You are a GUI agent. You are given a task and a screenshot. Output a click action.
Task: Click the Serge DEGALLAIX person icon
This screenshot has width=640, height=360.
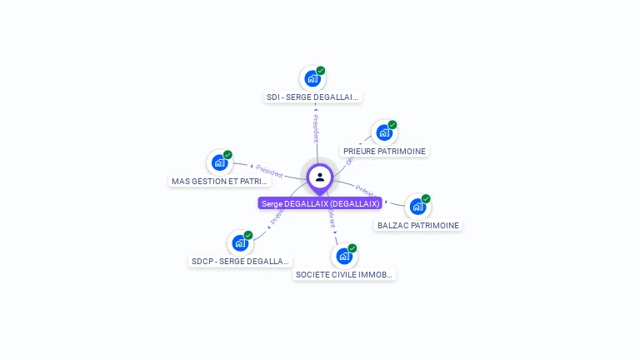click(320, 177)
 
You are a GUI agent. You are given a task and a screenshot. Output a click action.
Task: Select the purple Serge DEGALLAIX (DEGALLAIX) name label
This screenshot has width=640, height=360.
click(320, 203)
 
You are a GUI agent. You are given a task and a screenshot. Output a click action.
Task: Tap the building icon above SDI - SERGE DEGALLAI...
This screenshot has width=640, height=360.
click(312, 78)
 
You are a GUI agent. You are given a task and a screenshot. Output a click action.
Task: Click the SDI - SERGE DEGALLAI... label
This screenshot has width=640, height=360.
click(312, 97)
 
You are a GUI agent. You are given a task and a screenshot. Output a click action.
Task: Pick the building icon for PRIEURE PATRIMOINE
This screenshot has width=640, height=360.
click(383, 132)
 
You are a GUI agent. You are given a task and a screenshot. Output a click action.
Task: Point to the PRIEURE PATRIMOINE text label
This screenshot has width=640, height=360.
click(384, 152)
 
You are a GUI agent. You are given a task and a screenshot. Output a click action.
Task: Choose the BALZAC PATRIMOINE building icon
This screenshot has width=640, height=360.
click(417, 206)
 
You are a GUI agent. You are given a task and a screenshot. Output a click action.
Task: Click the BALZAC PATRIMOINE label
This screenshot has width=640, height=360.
click(417, 225)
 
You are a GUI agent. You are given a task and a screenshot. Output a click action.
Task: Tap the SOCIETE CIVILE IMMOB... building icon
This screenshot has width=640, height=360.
click(343, 256)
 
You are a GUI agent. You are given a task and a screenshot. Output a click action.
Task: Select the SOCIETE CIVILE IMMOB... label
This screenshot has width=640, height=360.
click(344, 274)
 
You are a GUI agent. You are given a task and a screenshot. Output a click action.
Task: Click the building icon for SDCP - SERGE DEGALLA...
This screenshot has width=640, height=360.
click(240, 243)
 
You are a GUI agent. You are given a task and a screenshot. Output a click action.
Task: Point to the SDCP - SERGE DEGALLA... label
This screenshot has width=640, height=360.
click(240, 261)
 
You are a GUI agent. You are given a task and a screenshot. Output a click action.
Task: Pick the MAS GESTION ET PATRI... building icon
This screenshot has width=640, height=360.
click(219, 162)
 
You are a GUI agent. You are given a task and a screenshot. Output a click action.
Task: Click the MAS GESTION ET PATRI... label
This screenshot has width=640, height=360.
click(220, 181)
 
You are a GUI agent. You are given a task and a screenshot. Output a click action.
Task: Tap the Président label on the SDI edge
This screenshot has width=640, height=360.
click(316, 128)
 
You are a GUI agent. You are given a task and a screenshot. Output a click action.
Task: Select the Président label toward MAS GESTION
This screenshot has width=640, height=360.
click(269, 171)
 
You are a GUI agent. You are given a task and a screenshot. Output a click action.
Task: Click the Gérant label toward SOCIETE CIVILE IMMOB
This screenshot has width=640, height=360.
click(332, 219)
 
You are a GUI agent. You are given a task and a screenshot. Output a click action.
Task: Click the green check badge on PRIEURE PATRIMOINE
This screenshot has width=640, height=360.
click(392, 125)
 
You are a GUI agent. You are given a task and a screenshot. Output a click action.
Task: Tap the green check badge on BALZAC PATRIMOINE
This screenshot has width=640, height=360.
click(426, 198)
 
